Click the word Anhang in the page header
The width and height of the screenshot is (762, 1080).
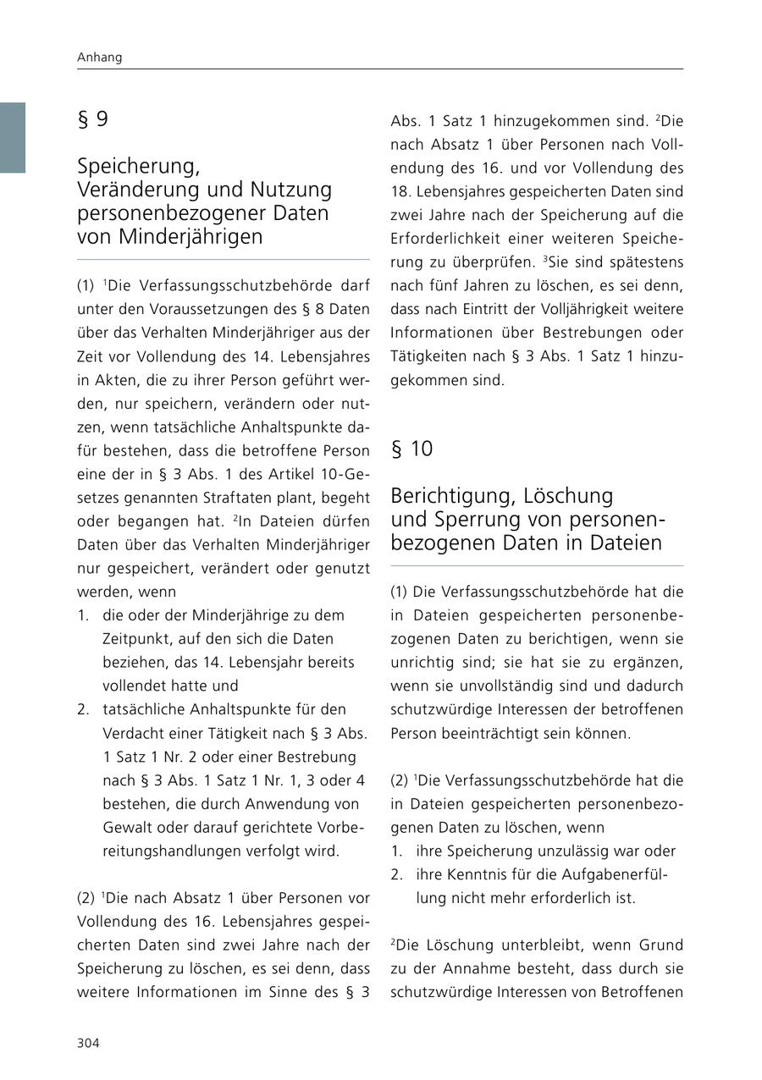tap(99, 58)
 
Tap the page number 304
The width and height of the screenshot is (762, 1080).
tap(88, 1043)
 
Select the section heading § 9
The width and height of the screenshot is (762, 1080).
tap(92, 119)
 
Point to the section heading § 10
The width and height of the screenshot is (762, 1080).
tap(411, 449)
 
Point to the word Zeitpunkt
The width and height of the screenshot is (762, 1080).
tap(138, 638)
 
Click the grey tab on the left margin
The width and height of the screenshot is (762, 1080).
tap(12, 137)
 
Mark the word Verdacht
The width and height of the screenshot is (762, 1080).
tap(131, 733)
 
